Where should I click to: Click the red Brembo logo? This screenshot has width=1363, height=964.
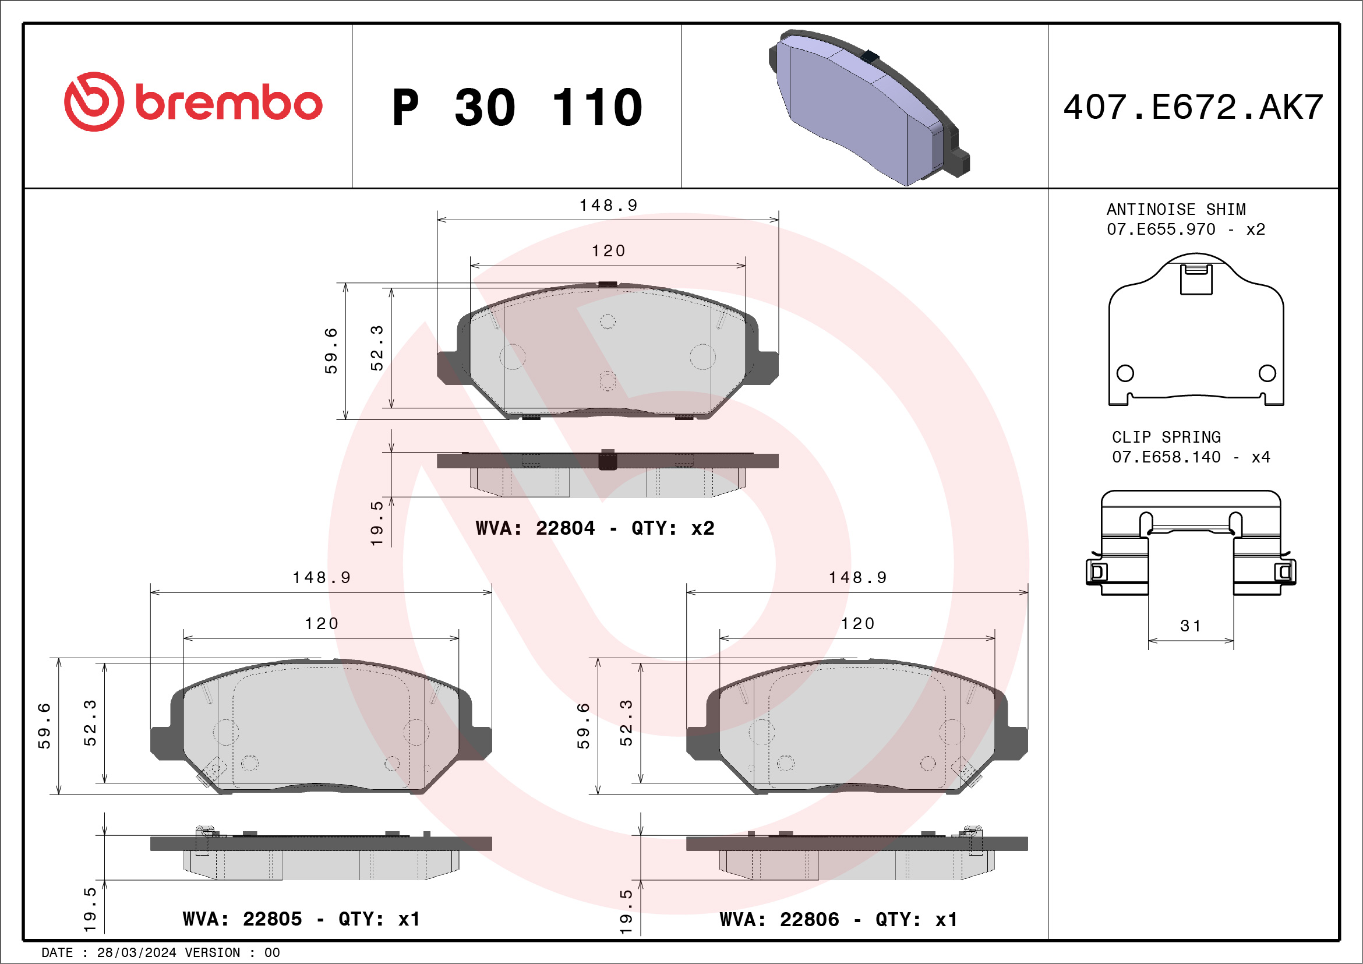pos(193,102)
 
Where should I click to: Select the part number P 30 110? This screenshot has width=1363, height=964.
pos(517,107)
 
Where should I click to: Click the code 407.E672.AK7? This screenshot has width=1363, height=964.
pos(1193,107)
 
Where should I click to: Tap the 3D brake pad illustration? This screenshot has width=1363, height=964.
pos(867,107)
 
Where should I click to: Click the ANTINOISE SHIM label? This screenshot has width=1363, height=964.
pos(1175,210)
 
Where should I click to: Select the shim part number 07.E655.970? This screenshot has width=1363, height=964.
pos(1160,229)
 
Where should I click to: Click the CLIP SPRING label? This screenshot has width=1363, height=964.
pos(1166,437)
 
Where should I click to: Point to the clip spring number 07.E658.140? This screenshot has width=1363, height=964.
pos(1166,457)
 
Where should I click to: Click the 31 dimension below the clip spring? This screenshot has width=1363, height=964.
pos(1190,626)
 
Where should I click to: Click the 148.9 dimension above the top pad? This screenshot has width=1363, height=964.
pos(608,206)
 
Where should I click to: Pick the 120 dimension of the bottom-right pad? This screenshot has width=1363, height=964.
pos(857,624)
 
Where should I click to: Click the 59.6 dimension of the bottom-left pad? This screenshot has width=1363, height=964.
pos(44,726)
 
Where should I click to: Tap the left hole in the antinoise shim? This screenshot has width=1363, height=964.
pos(1125,373)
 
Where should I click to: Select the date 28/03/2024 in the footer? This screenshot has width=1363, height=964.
pos(136,953)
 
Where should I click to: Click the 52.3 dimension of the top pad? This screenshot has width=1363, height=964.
pos(377,348)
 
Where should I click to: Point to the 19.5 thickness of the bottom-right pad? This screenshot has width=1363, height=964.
pos(626,912)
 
